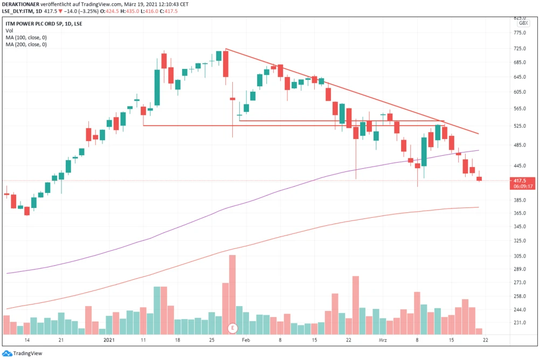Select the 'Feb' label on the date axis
coord(246,341)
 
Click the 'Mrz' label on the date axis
coord(383,341)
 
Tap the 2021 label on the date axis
coord(109,341)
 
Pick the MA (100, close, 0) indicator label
coord(26,38)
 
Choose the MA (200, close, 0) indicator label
coord(26,45)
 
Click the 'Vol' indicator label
coord(9,31)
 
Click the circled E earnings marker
coord(233,328)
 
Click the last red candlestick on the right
coord(479,178)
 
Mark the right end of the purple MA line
coord(479,150)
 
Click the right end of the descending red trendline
coord(479,134)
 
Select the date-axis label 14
coord(26,341)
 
